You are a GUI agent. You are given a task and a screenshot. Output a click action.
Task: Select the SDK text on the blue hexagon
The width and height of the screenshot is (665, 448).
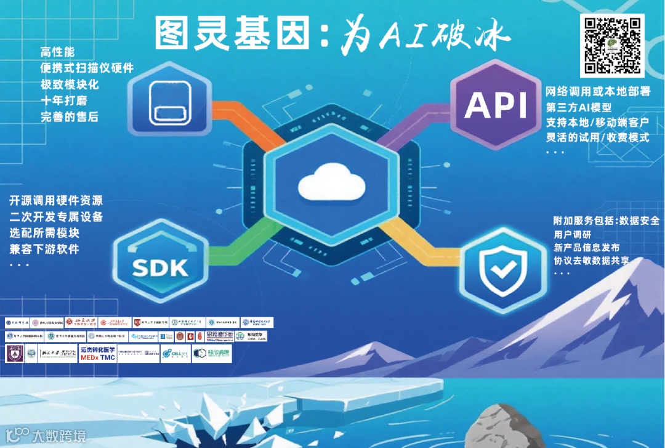159,268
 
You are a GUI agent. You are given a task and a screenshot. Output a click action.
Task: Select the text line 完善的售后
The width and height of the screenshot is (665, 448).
70,117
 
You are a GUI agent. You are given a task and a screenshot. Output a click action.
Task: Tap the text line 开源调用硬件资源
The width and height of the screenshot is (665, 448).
56,202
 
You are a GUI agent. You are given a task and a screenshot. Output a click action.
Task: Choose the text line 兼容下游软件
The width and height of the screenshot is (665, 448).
44,250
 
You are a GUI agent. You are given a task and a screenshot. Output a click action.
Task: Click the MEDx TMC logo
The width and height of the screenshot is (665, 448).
98,354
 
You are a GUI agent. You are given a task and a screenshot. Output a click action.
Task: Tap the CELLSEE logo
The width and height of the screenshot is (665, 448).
175,354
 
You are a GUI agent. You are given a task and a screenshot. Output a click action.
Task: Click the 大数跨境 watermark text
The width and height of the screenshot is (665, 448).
59,436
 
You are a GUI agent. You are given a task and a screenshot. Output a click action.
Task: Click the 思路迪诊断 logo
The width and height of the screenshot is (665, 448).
218,336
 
